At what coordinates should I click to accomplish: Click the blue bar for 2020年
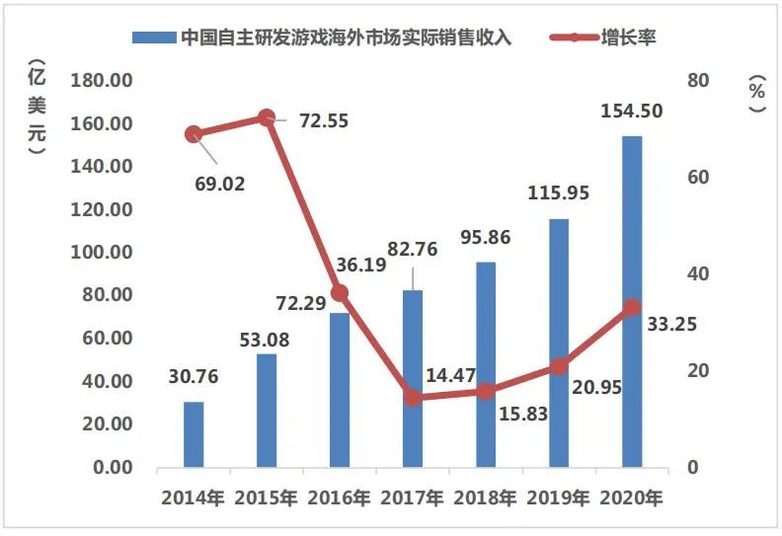tap(632, 301)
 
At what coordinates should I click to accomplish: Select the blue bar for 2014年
tap(194, 434)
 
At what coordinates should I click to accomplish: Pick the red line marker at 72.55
tap(267, 117)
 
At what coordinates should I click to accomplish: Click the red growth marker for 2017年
tap(413, 398)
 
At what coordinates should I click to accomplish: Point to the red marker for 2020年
tap(632, 308)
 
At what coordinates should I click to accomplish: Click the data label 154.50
tap(631, 111)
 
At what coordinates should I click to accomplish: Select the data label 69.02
tap(220, 184)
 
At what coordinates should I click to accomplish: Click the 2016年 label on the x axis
tap(340, 498)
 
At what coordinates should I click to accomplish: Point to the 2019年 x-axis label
tap(559, 498)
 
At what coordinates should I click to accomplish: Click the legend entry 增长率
tap(629, 38)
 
